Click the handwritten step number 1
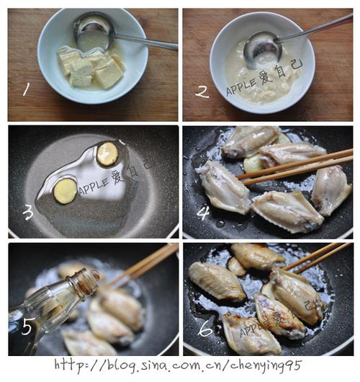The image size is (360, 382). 26,89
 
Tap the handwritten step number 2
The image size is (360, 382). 202,92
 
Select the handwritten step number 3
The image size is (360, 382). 27,211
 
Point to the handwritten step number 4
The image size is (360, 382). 203,213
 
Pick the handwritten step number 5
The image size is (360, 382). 27,327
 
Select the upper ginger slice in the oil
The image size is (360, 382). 108,154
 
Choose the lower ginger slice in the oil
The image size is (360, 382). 66,190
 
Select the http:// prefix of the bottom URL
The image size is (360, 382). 76,365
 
